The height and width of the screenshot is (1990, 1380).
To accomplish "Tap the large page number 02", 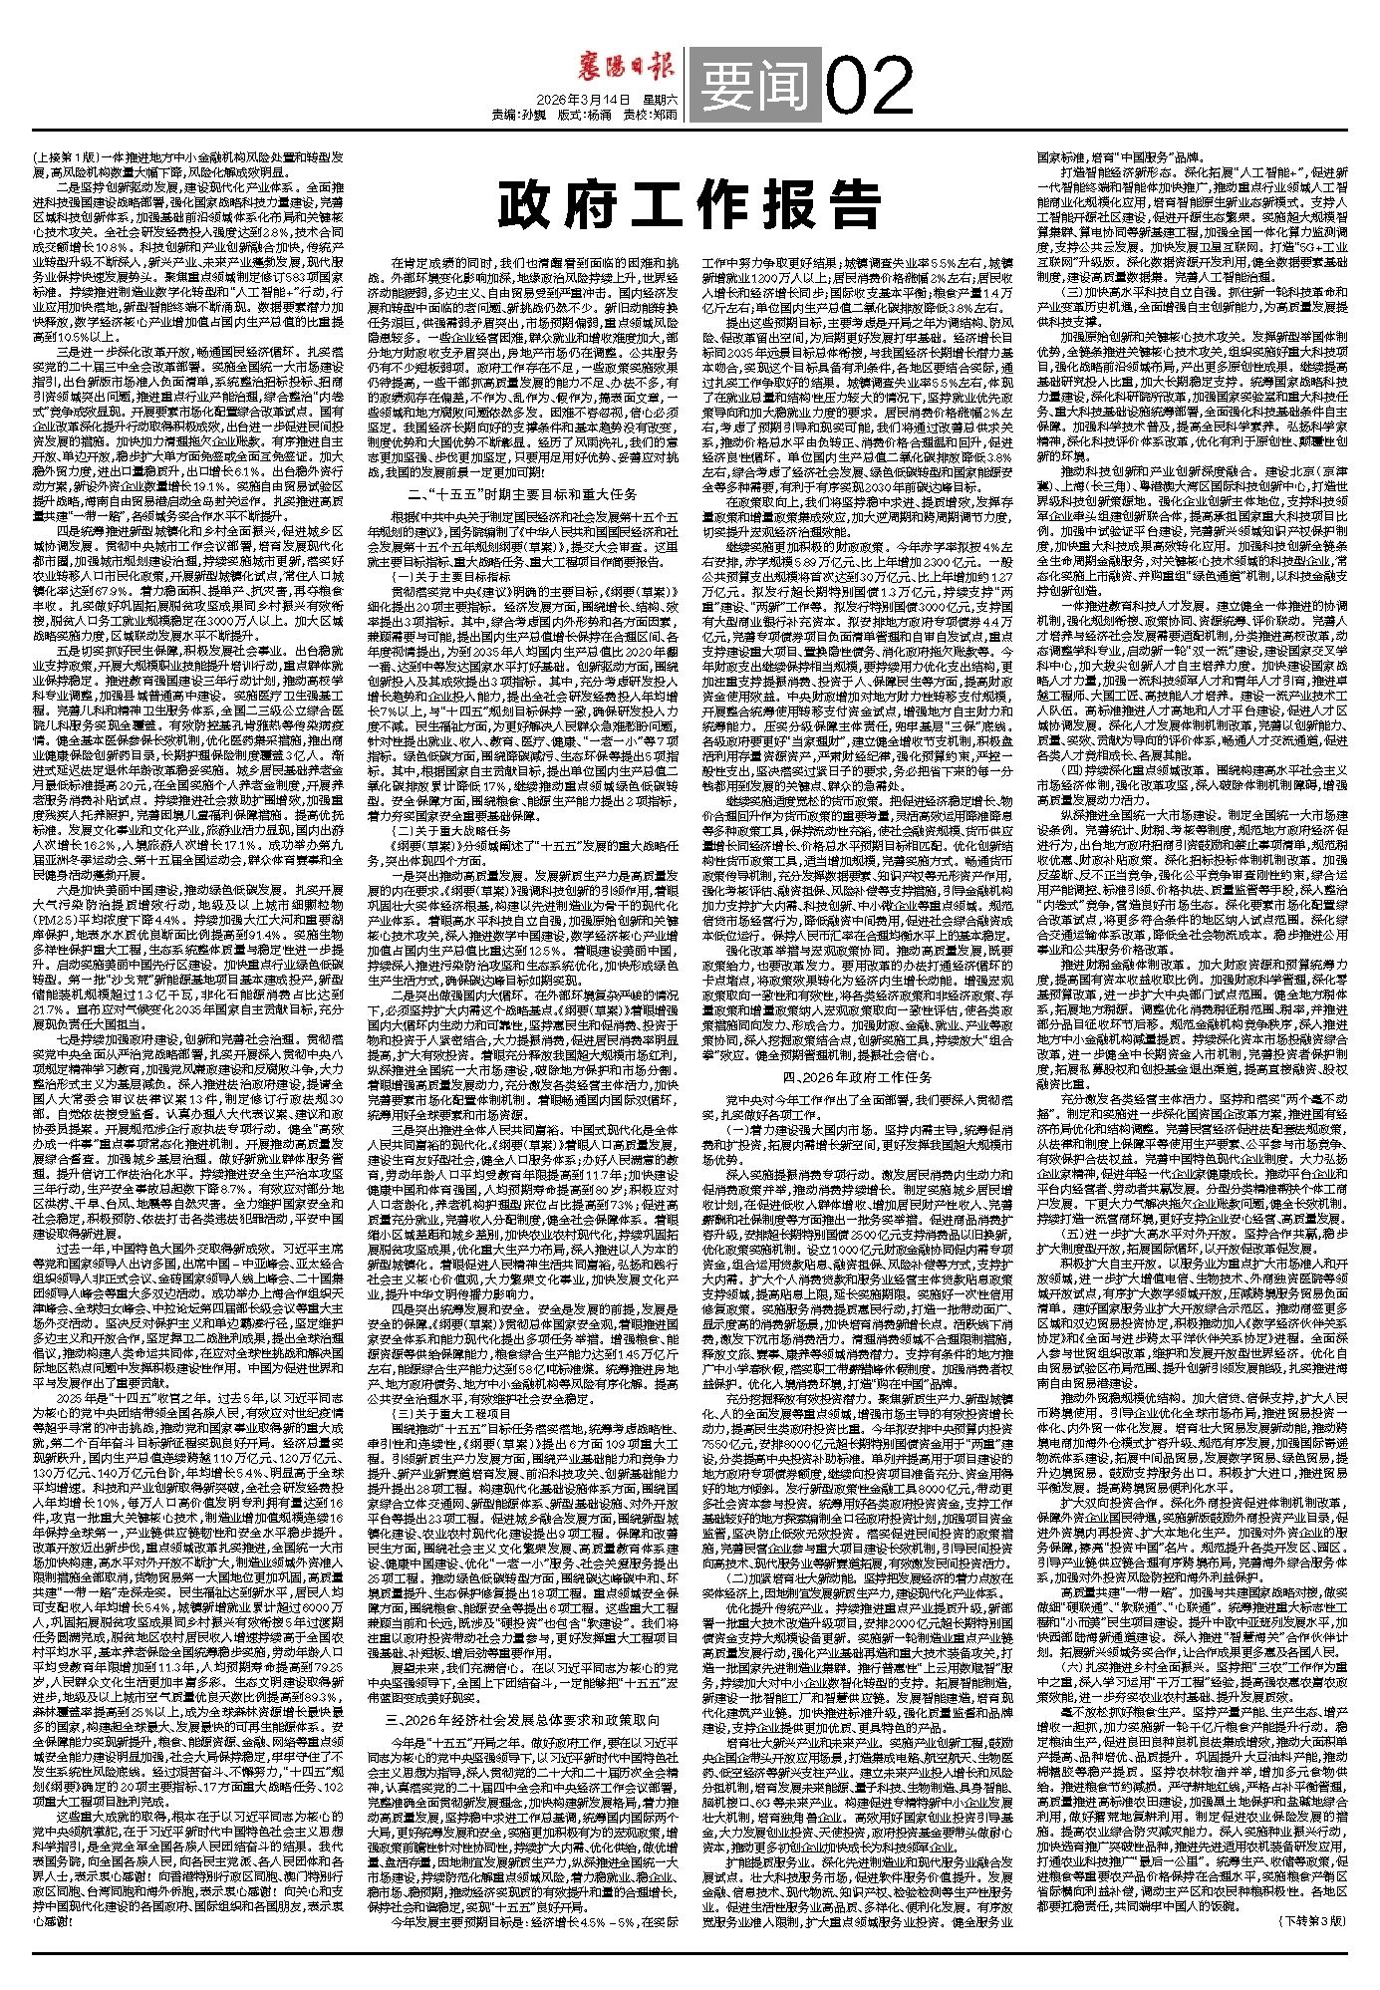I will click(x=870, y=83).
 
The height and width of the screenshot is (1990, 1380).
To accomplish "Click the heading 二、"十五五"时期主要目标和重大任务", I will click(x=514, y=493).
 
